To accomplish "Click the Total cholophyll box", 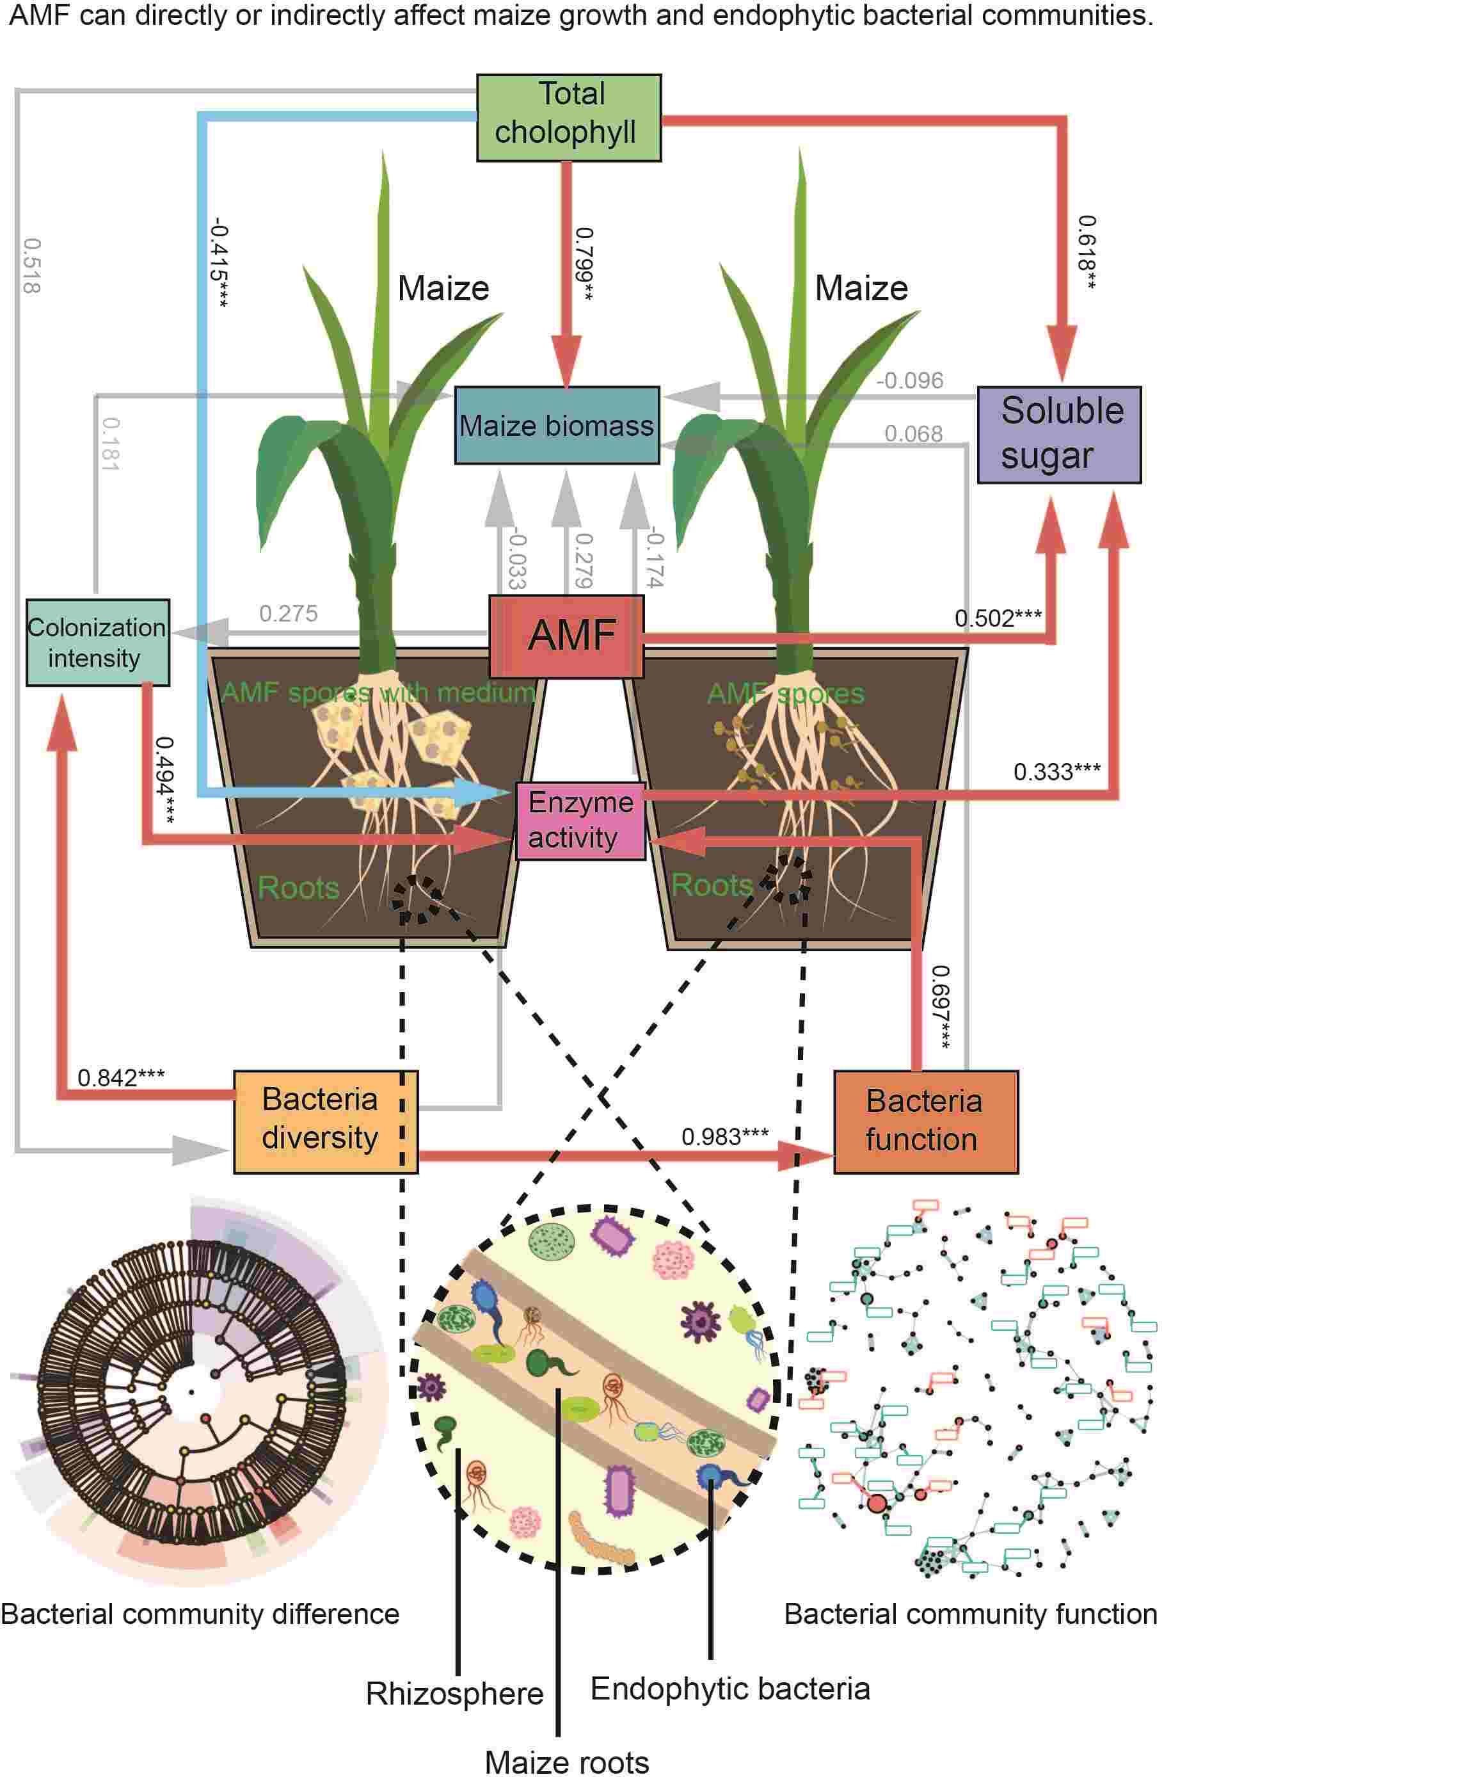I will coord(568,117).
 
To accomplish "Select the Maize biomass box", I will coord(556,425).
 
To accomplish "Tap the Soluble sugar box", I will coord(1058,434).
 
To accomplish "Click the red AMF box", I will coord(566,636).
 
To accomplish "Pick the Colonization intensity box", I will coord(97,642).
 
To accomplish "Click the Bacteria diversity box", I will coord(325,1121).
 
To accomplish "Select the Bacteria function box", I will coord(925,1121).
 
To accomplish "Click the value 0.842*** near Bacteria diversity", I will coord(120,1078).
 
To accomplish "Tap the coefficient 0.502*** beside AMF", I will coord(997,618).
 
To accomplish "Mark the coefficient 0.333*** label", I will coord(1056,772).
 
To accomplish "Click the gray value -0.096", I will coord(909,381).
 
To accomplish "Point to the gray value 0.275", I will coord(288,613).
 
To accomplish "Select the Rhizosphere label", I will coord(454,1694).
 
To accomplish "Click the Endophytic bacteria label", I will coord(729,1689).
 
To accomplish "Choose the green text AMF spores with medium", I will coord(378,693).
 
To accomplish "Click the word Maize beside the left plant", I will coord(443,289).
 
